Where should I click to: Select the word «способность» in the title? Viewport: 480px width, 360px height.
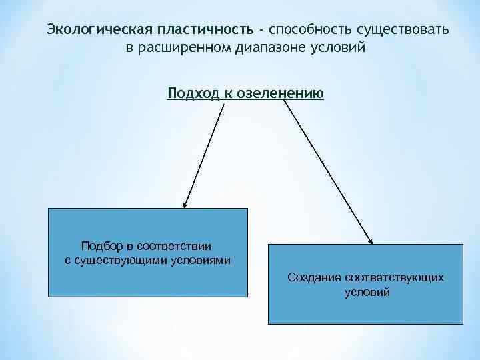click(310, 31)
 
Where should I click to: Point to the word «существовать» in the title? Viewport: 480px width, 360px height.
click(403, 31)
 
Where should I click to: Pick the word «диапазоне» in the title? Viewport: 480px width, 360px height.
click(271, 49)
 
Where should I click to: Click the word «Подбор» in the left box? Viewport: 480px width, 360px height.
click(101, 247)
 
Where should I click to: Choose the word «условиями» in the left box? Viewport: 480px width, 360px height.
click(199, 260)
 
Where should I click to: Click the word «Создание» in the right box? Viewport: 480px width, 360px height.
click(313, 277)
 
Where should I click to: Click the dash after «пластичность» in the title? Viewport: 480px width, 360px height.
click(263, 31)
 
